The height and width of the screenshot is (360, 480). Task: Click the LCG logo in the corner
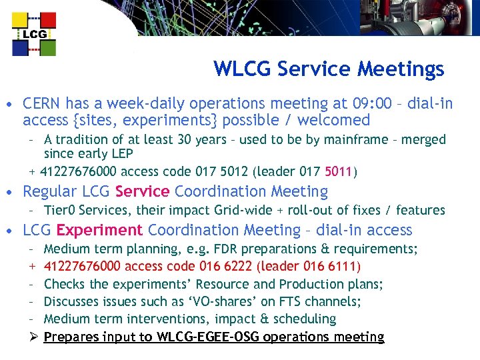click(34, 33)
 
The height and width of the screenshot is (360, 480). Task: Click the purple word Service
click(142, 192)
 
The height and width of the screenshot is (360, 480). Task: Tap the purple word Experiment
click(99, 231)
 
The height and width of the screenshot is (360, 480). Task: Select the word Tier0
click(59, 210)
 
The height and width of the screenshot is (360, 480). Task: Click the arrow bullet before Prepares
click(33, 337)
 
